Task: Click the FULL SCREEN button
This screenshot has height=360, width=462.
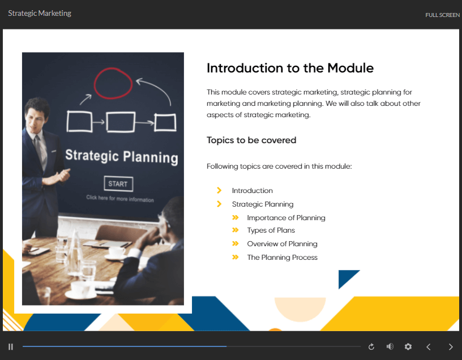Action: tap(442, 15)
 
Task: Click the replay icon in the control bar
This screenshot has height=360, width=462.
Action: tap(371, 347)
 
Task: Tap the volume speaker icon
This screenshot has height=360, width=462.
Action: tap(390, 346)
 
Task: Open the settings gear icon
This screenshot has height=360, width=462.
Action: tap(408, 347)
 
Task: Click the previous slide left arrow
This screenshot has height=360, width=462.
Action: tap(429, 347)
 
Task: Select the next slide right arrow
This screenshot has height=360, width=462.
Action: tap(451, 347)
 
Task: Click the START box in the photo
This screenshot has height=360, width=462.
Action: tap(118, 184)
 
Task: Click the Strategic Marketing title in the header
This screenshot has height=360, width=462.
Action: tap(40, 13)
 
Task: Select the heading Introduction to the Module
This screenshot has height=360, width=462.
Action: tap(290, 68)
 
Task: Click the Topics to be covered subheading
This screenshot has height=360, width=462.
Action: tap(251, 140)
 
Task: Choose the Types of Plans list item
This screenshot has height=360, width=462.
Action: tap(271, 230)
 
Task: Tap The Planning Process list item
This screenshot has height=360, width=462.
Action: tap(282, 257)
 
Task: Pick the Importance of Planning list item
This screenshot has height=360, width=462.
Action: tap(286, 218)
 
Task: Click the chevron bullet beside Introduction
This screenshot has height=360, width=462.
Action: tap(219, 190)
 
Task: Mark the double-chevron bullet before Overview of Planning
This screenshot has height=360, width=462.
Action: tap(235, 243)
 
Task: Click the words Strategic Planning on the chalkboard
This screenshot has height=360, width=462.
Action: tap(121, 156)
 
